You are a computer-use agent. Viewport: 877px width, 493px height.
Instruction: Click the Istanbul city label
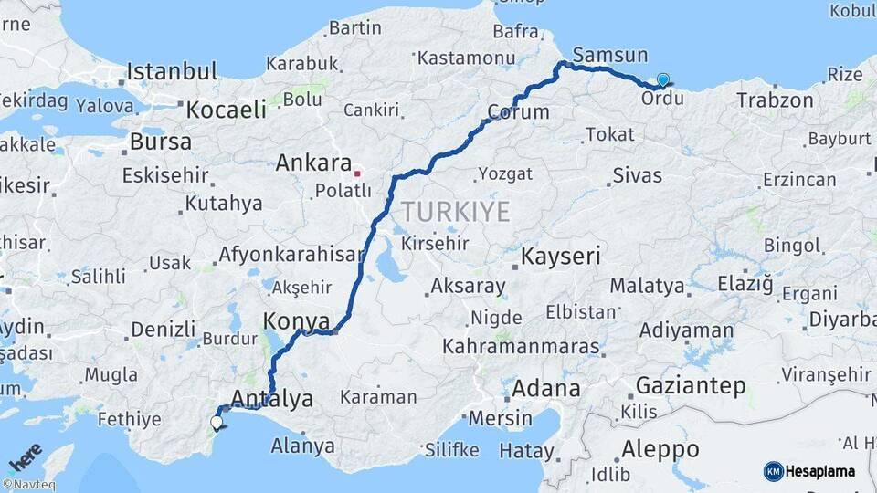(x=172, y=71)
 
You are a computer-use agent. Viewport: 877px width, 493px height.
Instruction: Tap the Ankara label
(x=313, y=163)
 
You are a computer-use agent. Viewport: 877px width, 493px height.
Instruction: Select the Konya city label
(x=296, y=321)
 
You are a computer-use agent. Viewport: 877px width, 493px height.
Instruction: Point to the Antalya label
(x=272, y=399)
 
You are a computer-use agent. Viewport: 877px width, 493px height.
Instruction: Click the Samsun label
(x=611, y=56)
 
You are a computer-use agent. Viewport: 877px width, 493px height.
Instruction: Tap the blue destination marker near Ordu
(x=662, y=80)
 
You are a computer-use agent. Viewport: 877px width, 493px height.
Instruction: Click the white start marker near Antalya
(x=217, y=423)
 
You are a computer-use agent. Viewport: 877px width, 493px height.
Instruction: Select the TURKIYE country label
(x=455, y=212)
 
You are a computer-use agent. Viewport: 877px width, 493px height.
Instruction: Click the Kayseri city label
(x=561, y=257)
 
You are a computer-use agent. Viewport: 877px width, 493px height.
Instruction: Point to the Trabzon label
(x=775, y=100)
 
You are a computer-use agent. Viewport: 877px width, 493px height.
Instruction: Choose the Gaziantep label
(x=690, y=385)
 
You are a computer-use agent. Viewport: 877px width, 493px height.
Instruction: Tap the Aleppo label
(x=660, y=449)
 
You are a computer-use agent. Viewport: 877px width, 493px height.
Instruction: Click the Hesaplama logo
(x=809, y=471)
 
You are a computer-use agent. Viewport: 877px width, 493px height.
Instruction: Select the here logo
(x=26, y=456)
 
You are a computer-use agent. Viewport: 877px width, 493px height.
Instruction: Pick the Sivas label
(x=637, y=175)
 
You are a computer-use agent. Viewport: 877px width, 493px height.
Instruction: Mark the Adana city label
(x=545, y=388)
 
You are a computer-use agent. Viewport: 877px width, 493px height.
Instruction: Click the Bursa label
(x=161, y=142)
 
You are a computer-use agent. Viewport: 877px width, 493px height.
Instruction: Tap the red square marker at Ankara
(x=358, y=172)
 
